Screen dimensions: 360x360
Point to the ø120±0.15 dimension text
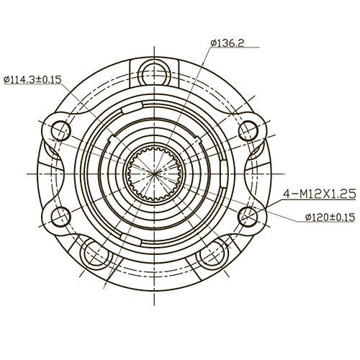[320, 217]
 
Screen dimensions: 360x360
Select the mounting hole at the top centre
[153, 71]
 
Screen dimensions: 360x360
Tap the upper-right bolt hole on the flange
[247, 130]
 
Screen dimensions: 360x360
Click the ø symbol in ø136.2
[215, 43]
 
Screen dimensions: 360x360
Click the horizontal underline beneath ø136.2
[238, 49]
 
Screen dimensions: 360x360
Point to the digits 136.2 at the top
[232, 43]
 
